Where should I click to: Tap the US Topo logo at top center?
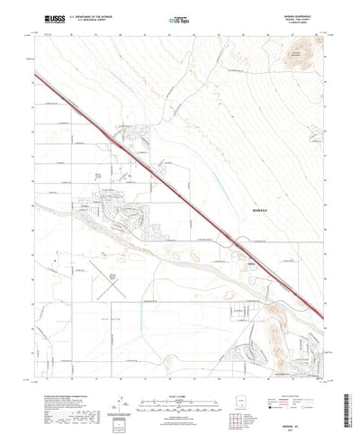[x=180, y=17]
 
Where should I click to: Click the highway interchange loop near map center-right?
[x=237, y=240]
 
